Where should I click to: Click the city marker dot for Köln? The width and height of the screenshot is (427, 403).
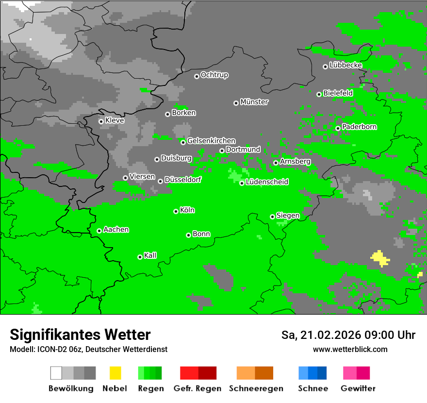click(176, 211)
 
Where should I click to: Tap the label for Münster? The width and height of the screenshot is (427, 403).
click(254, 102)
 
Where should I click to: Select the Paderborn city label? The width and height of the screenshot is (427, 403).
click(359, 127)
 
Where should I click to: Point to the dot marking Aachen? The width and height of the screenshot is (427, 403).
click(99, 231)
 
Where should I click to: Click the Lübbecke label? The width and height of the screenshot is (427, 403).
click(345, 65)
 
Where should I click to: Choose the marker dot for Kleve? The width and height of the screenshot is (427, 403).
click(101, 121)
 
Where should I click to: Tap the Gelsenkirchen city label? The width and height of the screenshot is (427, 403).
click(211, 141)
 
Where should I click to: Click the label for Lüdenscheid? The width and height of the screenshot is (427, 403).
click(267, 182)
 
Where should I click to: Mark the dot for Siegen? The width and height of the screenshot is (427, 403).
click(272, 217)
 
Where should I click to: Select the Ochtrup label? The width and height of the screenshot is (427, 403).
click(214, 75)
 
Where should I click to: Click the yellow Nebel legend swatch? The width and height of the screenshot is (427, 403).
click(115, 373)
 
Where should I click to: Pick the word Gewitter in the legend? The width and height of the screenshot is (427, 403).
click(358, 388)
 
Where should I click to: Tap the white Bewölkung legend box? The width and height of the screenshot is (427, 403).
click(56, 373)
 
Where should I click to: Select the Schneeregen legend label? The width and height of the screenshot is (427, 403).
click(256, 388)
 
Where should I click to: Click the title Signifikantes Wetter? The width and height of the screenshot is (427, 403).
click(80, 335)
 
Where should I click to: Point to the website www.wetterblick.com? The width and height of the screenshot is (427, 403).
click(350, 349)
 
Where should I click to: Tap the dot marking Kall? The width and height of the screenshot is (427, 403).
click(140, 257)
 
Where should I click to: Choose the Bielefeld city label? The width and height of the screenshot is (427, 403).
click(338, 93)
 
